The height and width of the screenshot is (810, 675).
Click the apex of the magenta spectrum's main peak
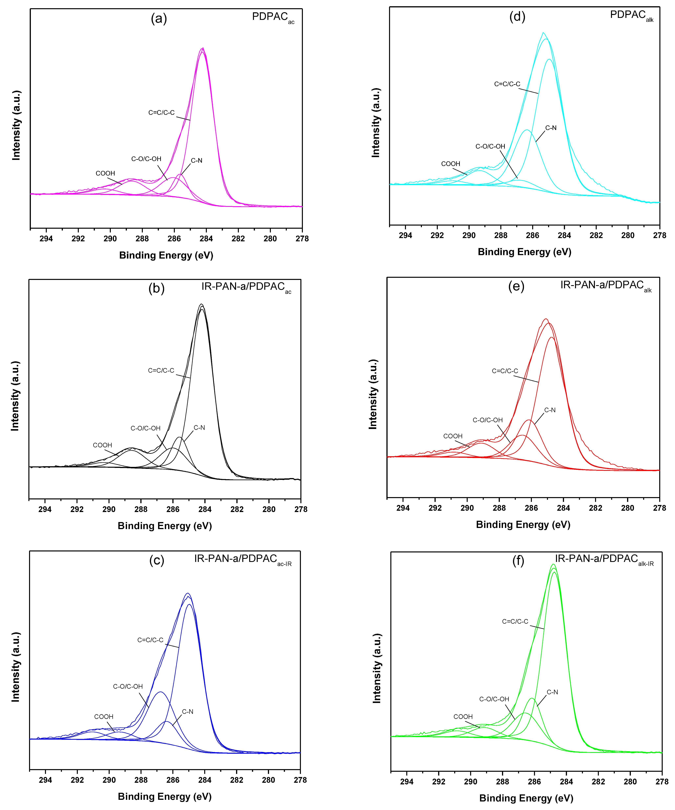point(203,48)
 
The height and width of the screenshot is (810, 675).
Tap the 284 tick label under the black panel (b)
point(205,509)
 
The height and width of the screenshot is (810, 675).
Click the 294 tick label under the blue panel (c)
point(45,780)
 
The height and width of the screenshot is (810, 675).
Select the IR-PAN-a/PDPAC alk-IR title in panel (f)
point(604,559)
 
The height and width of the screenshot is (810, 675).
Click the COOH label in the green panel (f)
point(463,717)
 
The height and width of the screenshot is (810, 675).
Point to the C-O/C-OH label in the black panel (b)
point(145,428)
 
